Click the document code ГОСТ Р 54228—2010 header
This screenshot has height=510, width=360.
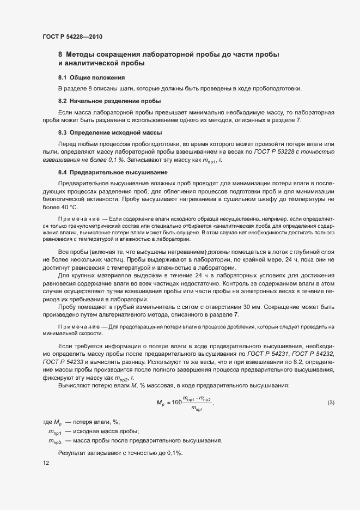(72, 37)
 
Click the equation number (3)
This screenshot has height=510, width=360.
(331, 403)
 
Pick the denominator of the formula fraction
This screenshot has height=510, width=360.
(197, 409)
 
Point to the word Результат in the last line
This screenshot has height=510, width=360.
(74, 453)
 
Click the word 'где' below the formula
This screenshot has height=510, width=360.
(47, 422)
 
